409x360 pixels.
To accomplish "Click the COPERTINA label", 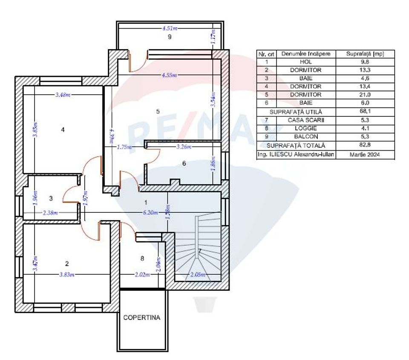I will (x=141, y=318).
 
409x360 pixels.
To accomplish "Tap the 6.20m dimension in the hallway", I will (x=151, y=212).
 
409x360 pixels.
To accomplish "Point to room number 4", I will (x=63, y=130).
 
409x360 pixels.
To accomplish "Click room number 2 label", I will (x=67, y=264).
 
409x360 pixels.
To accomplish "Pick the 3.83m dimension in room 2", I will (x=67, y=275).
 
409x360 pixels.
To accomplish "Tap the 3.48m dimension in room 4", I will (x=63, y=95).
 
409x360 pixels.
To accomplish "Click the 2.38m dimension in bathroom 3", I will (x=50, y=212).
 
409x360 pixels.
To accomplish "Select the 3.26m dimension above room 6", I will (x=184, y=147).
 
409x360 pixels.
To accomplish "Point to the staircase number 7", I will (x=199, y=251).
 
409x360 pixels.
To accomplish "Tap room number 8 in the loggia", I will (x=142, y=258).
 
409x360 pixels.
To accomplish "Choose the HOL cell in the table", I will (x=306, y=62).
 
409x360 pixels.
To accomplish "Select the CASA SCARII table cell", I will (x=306, y=120).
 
